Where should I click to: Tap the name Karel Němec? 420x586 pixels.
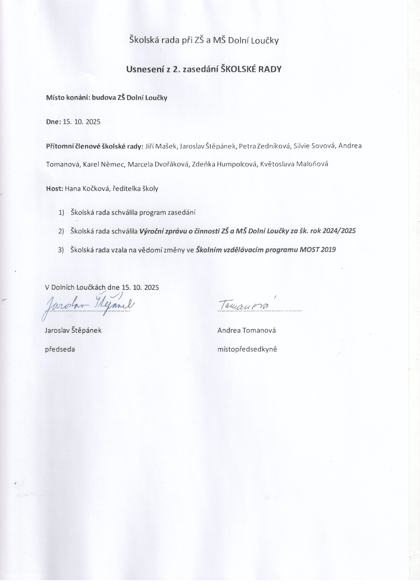pyautogui.click(x=104, y=164)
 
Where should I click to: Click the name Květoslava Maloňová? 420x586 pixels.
pyautogui.click(x=294, y=164)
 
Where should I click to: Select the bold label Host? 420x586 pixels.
pyautogui.click(x=55, y=189)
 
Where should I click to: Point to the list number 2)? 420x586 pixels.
pyautogui.click(x=61, y=231)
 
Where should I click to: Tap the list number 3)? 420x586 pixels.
pyautogui.click(x=61, y=250)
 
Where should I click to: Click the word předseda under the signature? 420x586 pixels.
pyautogui.click(x=60, y=350)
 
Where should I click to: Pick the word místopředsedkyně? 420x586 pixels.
pyautogui.click(x=247, y=350)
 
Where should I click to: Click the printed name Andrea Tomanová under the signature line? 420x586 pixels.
pyautogui.click(x=247, y=331)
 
